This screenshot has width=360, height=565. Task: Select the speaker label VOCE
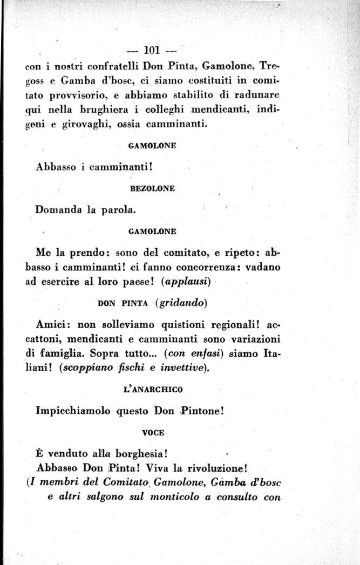[153, 432]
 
